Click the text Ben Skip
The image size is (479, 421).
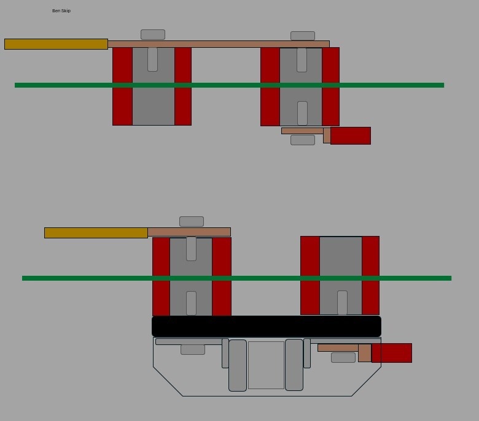61,11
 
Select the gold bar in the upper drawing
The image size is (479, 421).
56,44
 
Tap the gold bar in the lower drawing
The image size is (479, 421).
96,233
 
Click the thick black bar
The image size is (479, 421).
267,326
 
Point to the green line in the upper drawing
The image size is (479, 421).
229,85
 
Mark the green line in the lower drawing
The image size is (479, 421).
236,278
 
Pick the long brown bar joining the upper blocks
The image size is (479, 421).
218,44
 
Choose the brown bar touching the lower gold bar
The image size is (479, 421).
189,232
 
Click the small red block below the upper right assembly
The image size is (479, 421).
351,136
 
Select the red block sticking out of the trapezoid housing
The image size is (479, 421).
392,353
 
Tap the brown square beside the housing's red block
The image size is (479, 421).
365,353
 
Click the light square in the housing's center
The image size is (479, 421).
266,365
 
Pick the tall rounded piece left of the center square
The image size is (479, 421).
238,365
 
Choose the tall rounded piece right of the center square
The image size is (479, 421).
294,365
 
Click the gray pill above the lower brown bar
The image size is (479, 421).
192,221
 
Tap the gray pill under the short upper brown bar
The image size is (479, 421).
303,140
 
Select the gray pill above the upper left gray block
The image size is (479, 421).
153,35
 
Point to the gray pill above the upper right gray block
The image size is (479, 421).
303,36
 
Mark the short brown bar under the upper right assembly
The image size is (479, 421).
302,131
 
